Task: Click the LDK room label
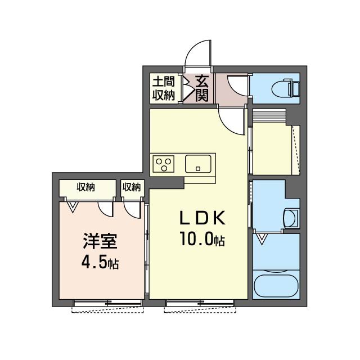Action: tap(202, 218)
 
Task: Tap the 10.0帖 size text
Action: tap(202, 240)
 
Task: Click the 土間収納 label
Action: tap(163, 88)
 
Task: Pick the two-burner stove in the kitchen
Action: tap(165, 164)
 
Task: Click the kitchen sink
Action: tap(199, 164)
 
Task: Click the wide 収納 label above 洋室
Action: tap(86, 187)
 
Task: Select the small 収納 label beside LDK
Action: tap(132, 187)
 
